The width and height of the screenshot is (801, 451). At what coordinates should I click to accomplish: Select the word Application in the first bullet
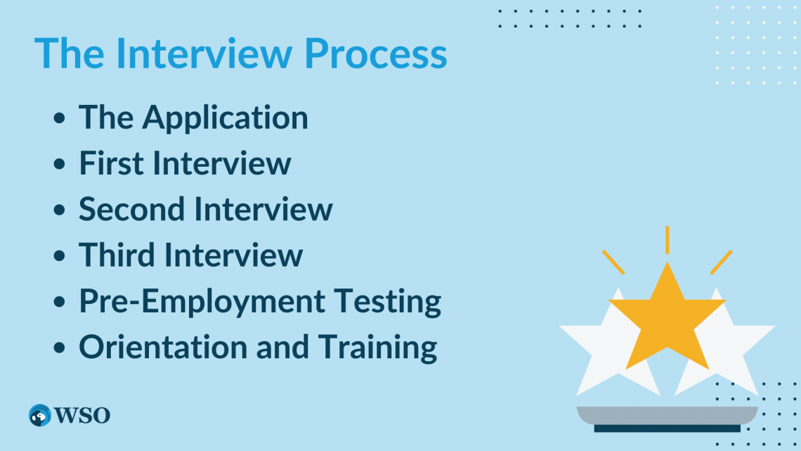(226, 118)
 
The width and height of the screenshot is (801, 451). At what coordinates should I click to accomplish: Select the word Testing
(382, 301)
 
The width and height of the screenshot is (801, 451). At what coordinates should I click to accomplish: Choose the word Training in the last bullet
(377, 347)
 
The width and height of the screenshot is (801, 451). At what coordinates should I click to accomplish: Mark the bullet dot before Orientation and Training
(61, 348)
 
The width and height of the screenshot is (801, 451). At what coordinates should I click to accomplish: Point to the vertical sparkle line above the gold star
(667, 239)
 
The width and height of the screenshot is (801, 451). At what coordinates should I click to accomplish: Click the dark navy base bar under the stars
(667, 428)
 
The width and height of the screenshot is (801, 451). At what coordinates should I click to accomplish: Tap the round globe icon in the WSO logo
(40, 415)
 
